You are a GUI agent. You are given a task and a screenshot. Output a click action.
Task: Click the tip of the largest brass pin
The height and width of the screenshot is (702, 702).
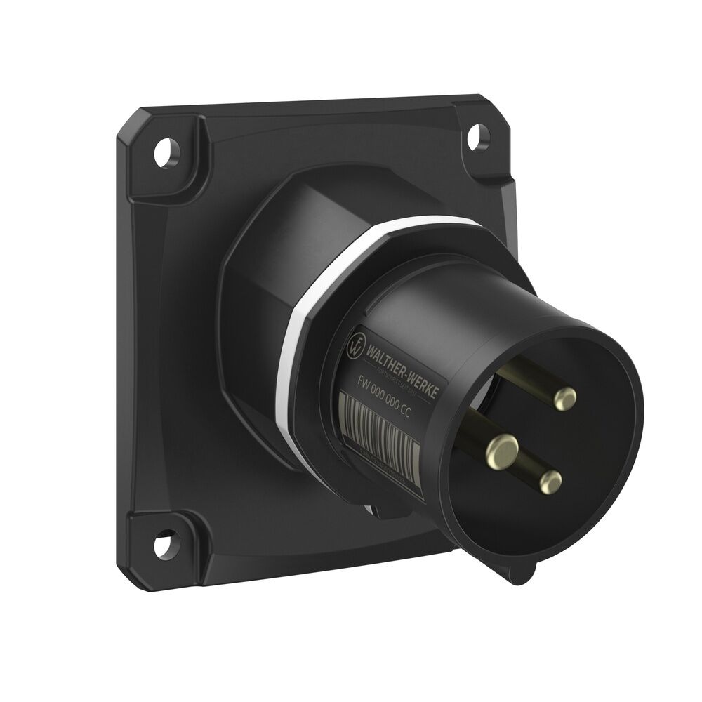[x=503, y=446]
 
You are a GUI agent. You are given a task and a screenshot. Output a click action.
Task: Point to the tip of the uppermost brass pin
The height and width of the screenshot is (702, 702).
[x=564, y=399]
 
